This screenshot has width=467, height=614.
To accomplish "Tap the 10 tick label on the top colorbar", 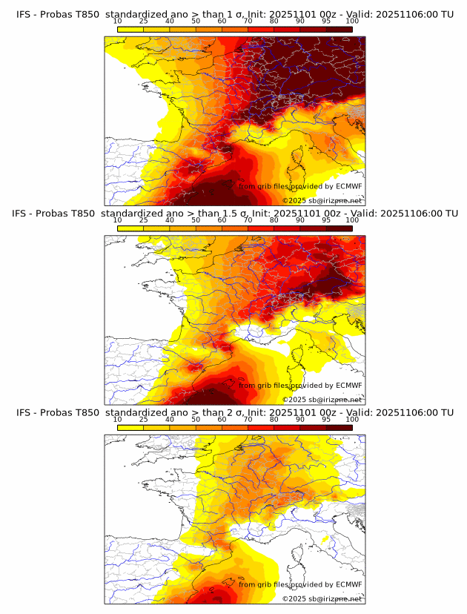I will coord(118,22).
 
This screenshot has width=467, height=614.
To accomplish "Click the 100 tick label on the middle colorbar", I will coord(351,220).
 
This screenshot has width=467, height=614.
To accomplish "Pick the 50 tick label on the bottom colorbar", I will coord(196,420).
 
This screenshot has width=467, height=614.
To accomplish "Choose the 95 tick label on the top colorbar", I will coord(326,22).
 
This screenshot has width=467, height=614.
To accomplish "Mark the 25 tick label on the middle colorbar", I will coord(144,220).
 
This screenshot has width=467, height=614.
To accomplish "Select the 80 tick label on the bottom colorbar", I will coord(274,420).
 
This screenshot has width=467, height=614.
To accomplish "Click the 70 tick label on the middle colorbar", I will coord(248,220).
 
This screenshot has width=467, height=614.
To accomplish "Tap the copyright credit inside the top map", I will coord(322,201).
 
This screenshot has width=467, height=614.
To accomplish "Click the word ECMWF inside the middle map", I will coord(349,386).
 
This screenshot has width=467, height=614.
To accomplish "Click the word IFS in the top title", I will coord(24,14).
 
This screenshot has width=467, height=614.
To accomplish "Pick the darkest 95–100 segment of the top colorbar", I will coord(340,29).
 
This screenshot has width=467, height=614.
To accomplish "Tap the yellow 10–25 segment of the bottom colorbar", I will coord(130,427).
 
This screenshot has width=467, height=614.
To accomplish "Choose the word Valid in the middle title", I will coord(357,214).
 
